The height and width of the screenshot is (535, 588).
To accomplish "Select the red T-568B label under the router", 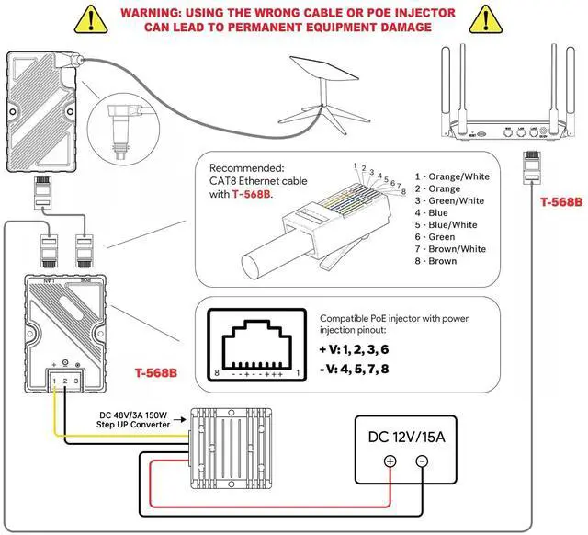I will tap(560, 201).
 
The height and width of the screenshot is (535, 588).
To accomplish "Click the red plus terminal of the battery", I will tap(389, 461).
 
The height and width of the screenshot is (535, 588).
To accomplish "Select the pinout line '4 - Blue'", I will tap(438, 211).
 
